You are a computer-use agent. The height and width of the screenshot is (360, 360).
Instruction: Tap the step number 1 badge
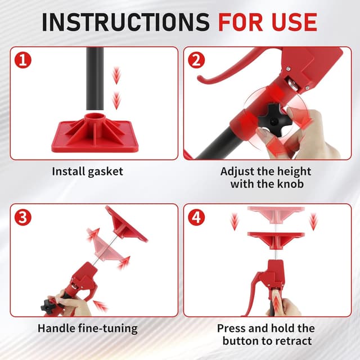point(22,60)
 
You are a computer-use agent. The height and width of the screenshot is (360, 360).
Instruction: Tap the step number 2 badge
point(196,60)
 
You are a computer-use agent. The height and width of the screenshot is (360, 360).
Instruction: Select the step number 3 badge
point(22,217)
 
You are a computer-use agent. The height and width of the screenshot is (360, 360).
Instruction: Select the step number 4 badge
point(196,217)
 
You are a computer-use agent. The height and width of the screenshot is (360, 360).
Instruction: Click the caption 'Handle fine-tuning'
point(88,328)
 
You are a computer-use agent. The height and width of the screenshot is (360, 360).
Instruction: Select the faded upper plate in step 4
point(276,214)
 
